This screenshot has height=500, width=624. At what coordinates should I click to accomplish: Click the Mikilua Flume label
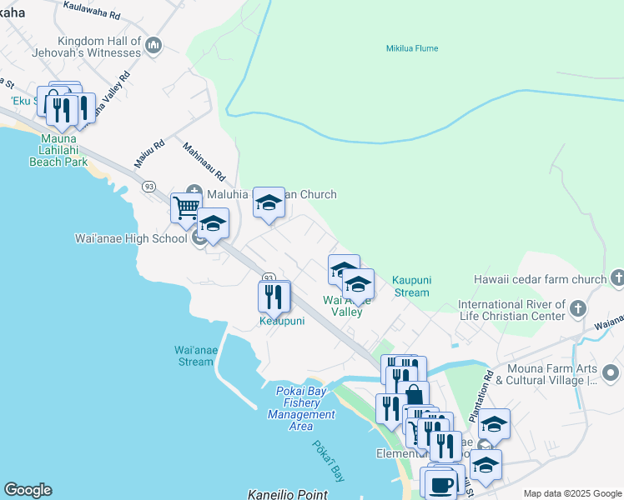411,48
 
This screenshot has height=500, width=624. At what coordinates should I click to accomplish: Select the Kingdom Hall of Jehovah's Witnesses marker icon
153,45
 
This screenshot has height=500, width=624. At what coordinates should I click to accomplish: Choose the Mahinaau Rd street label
204,162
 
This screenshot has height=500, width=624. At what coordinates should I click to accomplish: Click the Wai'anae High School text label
131,238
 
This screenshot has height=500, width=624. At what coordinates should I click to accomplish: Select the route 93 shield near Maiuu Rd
148,186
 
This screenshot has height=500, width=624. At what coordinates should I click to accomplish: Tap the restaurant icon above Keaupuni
274,295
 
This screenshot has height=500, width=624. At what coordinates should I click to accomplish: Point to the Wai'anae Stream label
195,355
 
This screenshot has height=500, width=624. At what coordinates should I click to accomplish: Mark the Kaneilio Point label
288,494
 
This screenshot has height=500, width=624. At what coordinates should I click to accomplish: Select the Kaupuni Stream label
411,286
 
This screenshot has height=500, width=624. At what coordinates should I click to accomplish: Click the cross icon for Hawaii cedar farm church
616,277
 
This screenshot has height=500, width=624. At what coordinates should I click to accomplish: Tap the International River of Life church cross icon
576,310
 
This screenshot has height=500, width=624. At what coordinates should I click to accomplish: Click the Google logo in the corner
28,490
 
